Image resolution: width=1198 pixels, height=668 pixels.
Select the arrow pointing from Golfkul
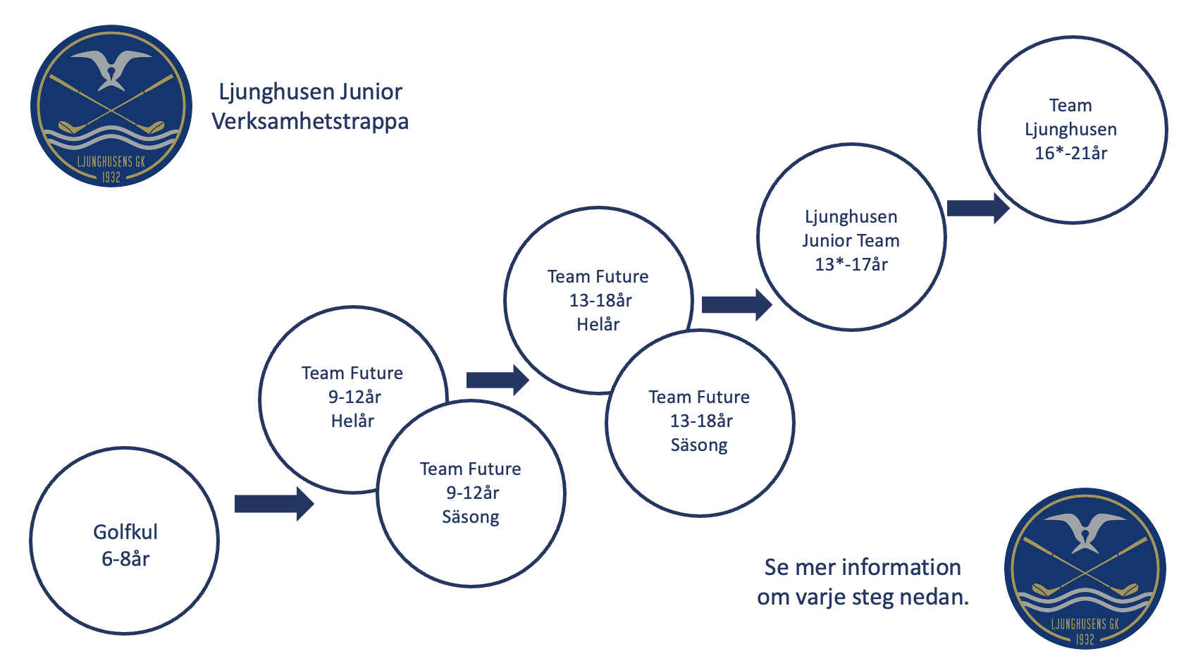click(274, 504)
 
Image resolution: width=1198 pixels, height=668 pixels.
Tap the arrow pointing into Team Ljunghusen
click(978, 208)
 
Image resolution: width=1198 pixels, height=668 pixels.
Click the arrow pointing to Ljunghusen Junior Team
click(737, 305)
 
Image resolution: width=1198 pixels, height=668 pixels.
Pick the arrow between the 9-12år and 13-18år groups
click(498, 381)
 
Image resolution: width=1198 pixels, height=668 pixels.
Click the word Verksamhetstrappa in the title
click(310, 121)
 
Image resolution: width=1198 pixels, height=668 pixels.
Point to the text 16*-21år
click(1070, 153)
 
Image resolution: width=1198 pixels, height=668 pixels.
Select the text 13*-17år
click(851, 264)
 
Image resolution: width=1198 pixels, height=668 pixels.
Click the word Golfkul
click(125, 532)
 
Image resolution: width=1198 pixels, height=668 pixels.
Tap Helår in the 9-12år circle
click(352, 421)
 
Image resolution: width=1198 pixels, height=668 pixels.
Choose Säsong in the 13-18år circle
click(699, 445)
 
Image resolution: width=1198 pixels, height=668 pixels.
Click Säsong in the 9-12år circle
click(471, 517)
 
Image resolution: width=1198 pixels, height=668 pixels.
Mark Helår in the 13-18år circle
click(598, 324)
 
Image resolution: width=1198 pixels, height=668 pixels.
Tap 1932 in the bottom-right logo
click(1085, 639)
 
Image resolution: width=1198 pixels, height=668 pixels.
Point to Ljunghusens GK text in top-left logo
click(111, 162)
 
